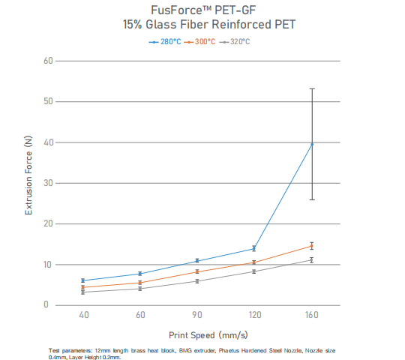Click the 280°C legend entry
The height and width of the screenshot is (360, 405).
165,41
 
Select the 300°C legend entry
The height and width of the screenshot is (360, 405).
200,41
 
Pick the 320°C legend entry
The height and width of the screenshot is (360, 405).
235,41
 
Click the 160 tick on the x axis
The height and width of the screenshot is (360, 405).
312,317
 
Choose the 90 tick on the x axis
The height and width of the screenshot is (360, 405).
196,317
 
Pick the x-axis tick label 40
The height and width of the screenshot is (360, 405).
83,317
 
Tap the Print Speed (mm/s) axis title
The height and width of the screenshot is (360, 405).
198,335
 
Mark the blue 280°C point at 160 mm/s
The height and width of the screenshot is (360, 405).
312,143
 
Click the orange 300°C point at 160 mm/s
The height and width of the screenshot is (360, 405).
312,246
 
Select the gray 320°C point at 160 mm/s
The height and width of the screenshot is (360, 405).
312,259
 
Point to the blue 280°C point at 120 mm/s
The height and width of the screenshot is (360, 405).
254,248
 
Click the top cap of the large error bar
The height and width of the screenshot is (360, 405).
312,88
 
